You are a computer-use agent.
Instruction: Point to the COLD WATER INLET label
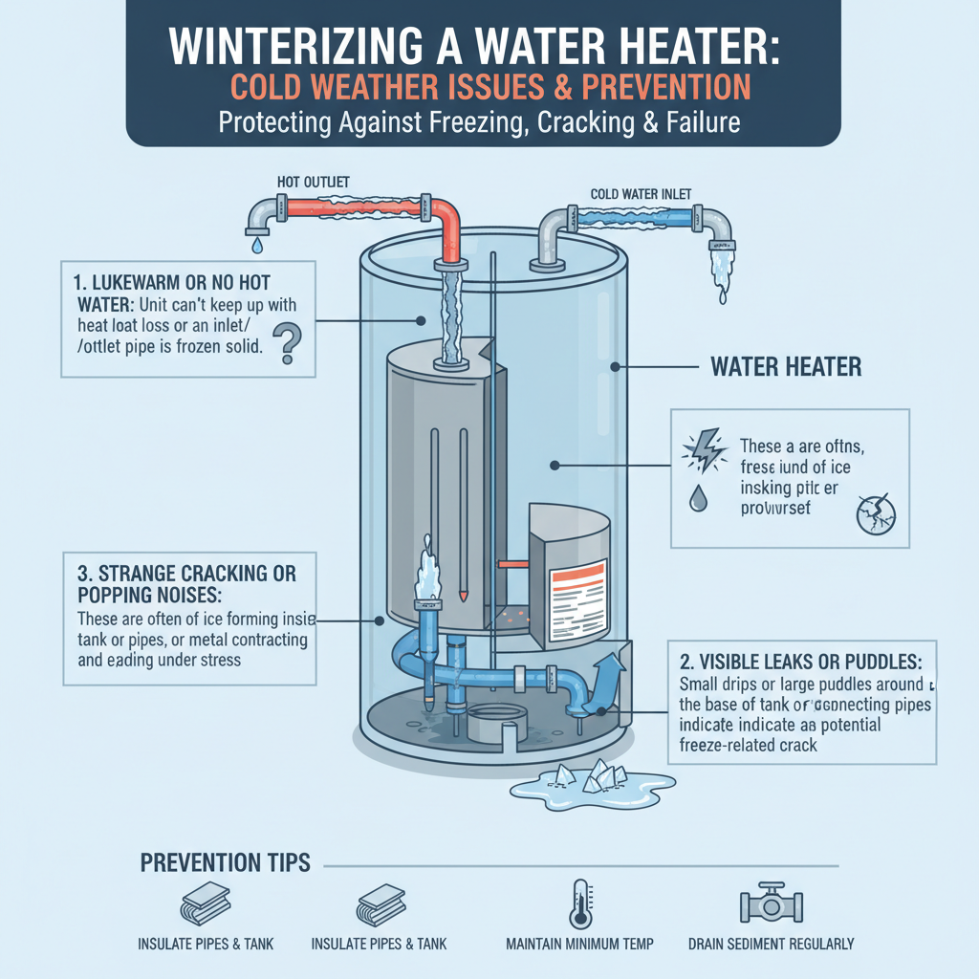642,194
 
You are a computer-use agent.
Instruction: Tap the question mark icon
285,343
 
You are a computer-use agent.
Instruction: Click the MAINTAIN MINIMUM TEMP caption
579,945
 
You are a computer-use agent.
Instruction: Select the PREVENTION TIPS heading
226,863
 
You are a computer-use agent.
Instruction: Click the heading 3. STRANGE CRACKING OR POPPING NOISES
185,584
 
